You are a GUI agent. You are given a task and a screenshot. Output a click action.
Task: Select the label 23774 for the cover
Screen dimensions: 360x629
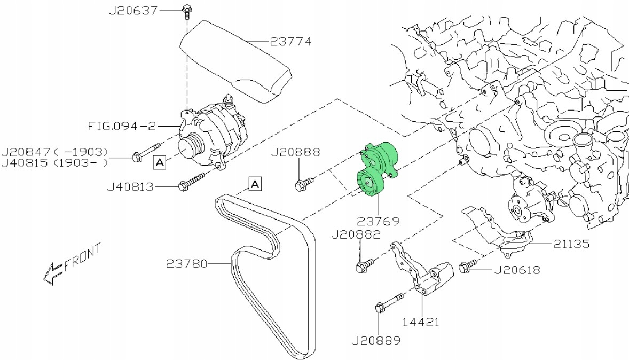click(290, 41)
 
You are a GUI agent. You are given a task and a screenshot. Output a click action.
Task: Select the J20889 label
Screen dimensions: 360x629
click(377, 339)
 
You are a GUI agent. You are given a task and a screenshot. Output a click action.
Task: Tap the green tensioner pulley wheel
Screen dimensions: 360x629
click(368, 184)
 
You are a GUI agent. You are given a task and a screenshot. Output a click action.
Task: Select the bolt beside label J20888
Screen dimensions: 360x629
click(301, 185)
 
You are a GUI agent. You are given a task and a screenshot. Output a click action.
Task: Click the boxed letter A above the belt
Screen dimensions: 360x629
click(255, 184)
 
